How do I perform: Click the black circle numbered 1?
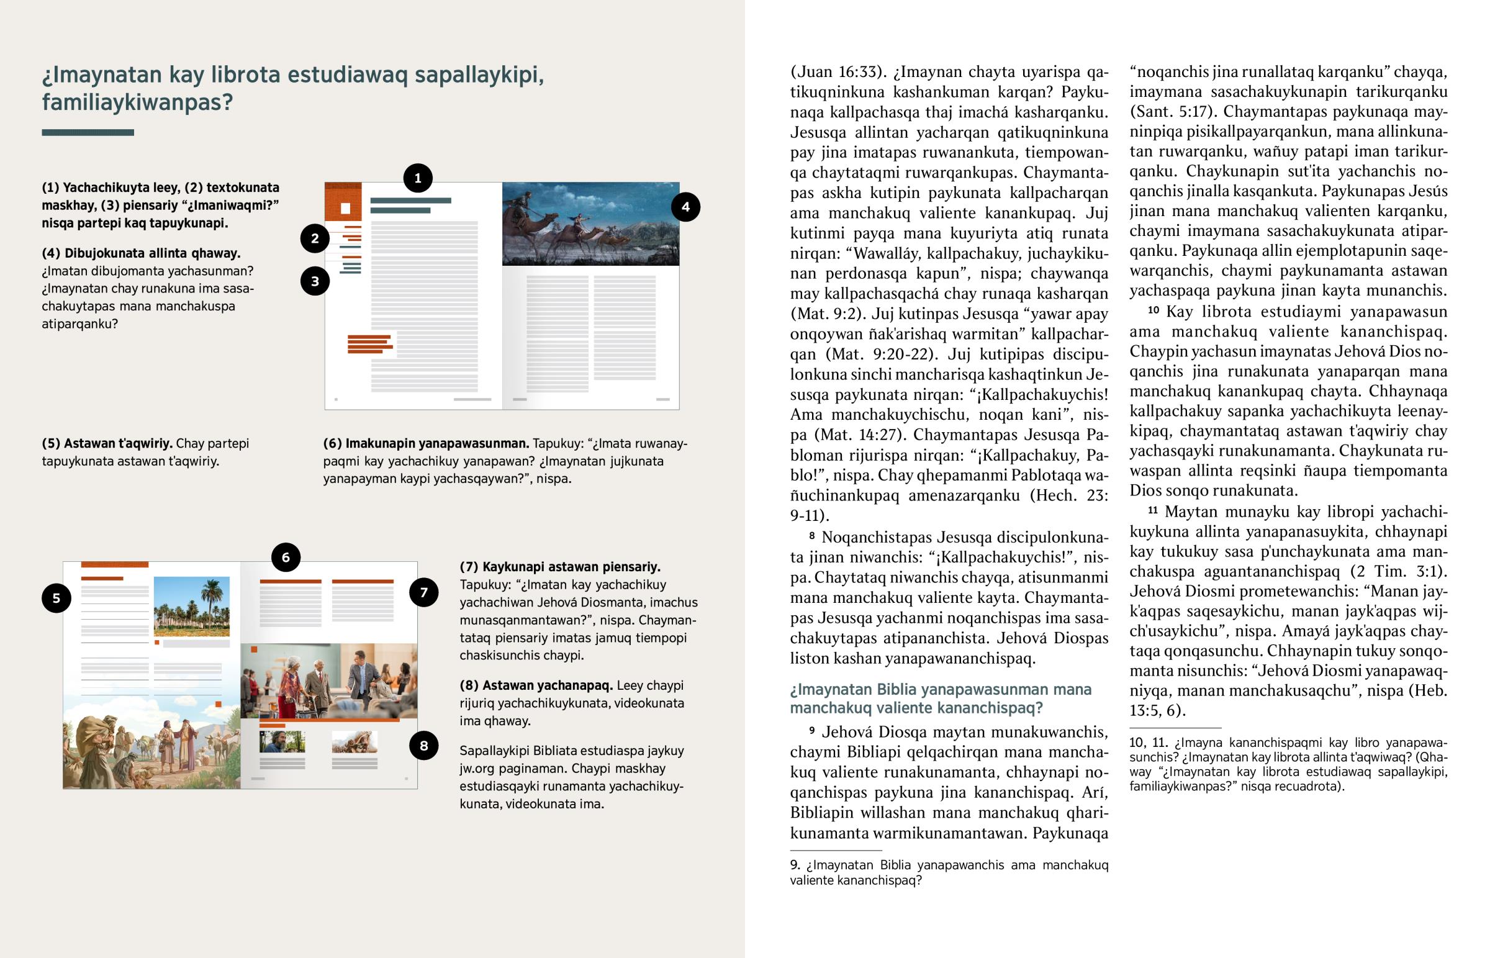[418, 178]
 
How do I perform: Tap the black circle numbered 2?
[315, 238]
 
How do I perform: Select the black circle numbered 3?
[315, 281]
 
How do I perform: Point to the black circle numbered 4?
[685, 207]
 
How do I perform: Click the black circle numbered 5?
[56, 599]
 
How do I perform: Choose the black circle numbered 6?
[286, 558]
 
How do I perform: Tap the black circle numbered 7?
[423, 592]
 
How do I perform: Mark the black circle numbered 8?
[423, 746]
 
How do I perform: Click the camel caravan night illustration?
[590, 224]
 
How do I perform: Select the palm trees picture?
[192, 606]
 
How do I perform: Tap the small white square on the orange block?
[346, 209]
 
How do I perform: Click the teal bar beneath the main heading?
[88, 132]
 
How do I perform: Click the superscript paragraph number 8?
[812, 536]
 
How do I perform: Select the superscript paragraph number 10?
[1154, 310]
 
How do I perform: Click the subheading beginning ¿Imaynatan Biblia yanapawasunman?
[941, 698]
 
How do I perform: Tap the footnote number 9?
[795, 865]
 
